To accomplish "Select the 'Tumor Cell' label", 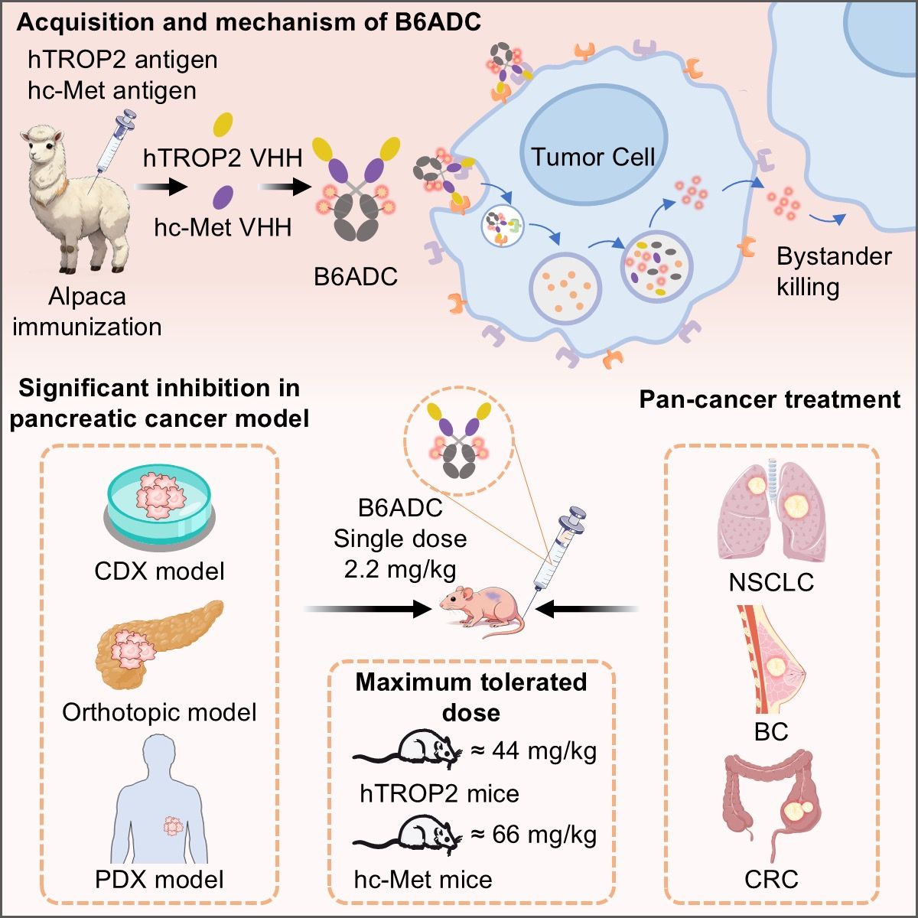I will (593, 158).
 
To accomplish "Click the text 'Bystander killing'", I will (833, 272).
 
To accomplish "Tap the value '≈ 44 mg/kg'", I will (534, 751).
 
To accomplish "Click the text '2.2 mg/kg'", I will (400, 570).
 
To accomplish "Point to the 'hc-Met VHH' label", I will (223, 227).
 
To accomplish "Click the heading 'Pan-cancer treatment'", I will (770, 399).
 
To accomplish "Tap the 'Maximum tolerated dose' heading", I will (471, 697).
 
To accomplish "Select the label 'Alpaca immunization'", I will (87, 311).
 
